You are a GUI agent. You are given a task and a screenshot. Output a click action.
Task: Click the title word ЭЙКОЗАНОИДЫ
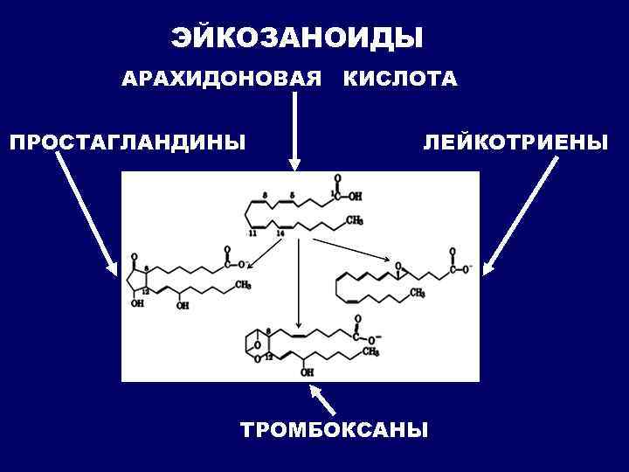(x=296, y=38)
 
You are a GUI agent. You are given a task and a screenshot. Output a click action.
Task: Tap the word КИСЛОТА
(x=399, y=80)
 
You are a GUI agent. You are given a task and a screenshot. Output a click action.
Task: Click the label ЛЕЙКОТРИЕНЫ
(x=515, y=142)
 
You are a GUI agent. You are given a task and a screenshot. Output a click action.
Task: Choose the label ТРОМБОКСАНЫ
(x=335, y=430)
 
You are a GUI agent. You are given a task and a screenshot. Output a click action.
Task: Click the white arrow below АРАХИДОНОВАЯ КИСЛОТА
(x=294, y=131)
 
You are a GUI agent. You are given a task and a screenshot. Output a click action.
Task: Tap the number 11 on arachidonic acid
(x=252, y=234)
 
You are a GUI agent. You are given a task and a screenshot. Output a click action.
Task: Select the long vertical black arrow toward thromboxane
(x=298, y=280)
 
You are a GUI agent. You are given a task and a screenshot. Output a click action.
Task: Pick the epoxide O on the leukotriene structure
(x=397, y=265)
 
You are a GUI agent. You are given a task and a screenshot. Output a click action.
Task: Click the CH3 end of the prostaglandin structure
(x=243, y=285)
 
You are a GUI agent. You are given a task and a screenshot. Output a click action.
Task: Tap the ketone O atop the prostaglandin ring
(x=134, y=258)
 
